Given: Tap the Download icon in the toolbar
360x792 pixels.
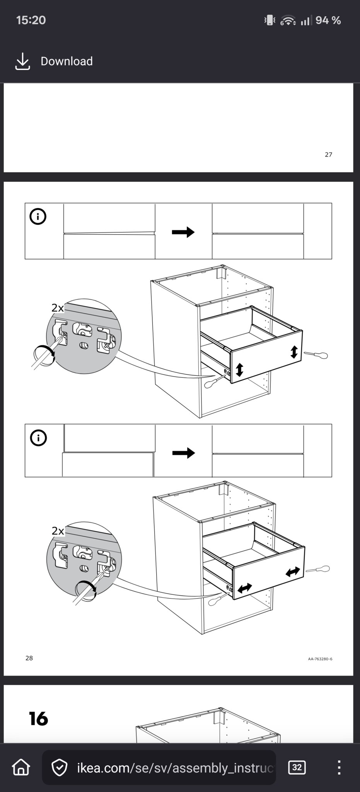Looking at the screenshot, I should (22, 61).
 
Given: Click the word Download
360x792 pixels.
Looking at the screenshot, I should (67, 61).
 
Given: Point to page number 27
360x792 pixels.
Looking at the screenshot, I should (328, 155).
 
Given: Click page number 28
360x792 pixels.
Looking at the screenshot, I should (29, 658).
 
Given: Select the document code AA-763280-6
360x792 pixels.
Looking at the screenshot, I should (320, 659).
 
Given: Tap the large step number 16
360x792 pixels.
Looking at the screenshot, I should (38, 719).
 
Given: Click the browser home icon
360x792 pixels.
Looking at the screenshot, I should (21, 767).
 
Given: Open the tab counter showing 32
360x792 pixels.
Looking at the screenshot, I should (297, 767).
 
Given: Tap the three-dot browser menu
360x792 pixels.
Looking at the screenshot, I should (339, 767).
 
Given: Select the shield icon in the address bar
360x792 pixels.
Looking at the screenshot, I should (60, 768).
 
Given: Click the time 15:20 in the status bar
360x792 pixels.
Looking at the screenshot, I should (31, 20).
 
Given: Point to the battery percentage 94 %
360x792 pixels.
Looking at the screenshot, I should (328, 20).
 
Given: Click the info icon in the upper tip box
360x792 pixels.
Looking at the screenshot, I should (38, 217).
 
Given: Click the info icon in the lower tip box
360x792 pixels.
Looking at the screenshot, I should (38, 438).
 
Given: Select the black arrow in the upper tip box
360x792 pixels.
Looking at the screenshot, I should (183, 232).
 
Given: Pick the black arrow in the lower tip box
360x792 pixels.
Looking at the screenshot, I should (183, 452).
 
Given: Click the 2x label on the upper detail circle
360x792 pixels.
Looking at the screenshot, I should (58, 308).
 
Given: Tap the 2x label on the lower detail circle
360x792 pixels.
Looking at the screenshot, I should (58, 531).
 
